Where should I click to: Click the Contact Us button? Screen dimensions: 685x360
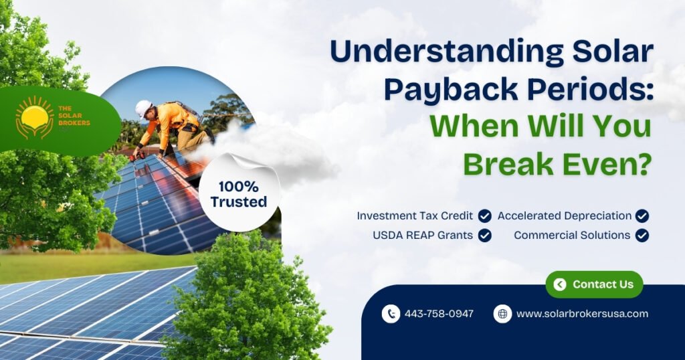click(x=594, y=284)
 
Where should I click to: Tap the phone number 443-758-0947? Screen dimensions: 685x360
click(x=439, y=314)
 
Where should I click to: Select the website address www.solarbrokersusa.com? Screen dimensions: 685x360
click(x=583, y=314)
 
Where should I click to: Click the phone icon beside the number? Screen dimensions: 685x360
click(x=391, y=314)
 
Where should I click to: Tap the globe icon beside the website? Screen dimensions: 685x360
click(x=503, y=314)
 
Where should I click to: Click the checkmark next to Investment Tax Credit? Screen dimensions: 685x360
click(x=484, y=216)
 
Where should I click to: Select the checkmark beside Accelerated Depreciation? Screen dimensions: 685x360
click(x=642, y=216)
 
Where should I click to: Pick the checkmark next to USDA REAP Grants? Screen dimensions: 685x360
click(x=484, y=236)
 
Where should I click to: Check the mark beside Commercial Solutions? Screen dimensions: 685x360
click(x=642, y=236)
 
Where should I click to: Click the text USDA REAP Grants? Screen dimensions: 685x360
click(x=423, y=236)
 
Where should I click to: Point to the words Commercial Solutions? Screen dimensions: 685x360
click(x=572, y=236)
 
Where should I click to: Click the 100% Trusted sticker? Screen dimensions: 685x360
click(x=239, y=193)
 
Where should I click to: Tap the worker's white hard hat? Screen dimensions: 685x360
click(x=143, y=108)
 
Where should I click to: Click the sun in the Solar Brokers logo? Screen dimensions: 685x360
click(x=35, y=118)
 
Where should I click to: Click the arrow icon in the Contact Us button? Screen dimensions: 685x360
click(x=560, y=284)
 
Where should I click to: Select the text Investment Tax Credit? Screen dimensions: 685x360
click(x=415, y=216)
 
